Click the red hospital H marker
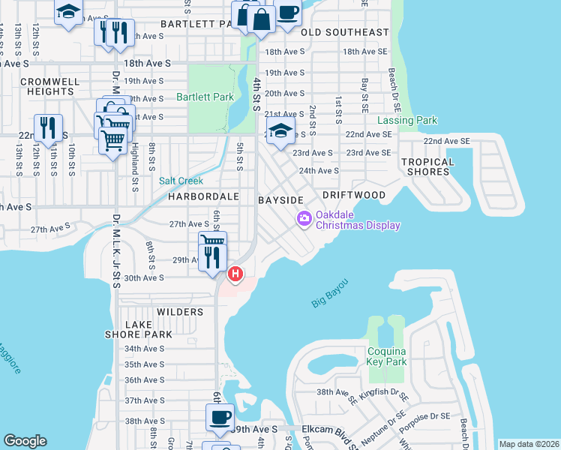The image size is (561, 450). point(235,274)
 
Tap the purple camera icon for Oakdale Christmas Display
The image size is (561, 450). point(304,219)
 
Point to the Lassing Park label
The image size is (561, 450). point(406,120)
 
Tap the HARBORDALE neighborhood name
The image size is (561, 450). point(203,196)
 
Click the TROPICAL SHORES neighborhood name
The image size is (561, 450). point(427,166)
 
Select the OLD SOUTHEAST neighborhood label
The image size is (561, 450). point(345,32)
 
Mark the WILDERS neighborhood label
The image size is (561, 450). point(180,311)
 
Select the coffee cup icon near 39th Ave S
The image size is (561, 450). point(220,417)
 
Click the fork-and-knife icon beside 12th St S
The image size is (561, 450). point(49,127)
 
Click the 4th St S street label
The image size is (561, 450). point(256,94)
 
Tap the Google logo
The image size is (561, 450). point(25,441)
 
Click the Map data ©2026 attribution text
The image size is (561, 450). point(529,444)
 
